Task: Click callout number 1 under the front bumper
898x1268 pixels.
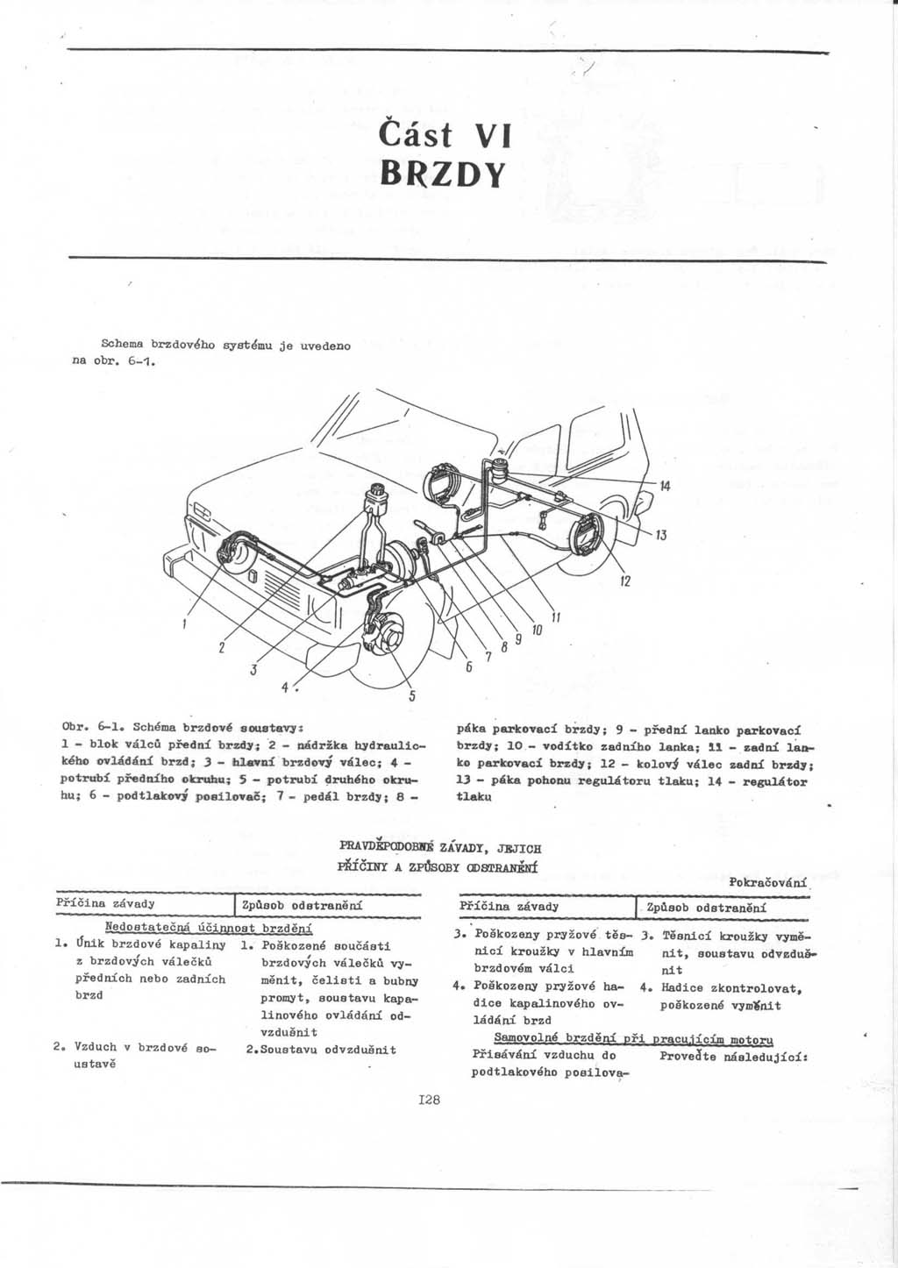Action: (x=186, y=624)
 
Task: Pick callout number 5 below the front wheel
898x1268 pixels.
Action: (x=410, y=699)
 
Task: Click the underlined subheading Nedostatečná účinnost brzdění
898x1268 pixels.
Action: (x=209, y=928)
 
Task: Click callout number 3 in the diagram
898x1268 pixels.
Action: (x=253, y=672)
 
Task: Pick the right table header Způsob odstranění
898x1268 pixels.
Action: (x=706, y=906)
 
